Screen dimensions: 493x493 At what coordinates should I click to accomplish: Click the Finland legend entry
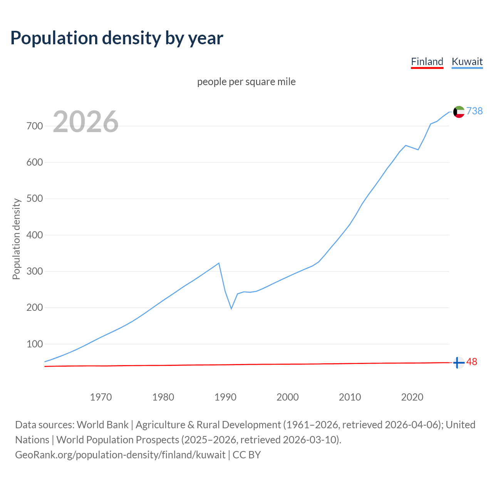coord(427,62)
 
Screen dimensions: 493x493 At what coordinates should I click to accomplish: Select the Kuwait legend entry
coord(467,62)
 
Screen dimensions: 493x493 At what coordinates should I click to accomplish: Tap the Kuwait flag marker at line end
coord(458,112)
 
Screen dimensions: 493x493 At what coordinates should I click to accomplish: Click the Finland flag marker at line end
coord(458,362)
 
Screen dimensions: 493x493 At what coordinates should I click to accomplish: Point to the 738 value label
coord(475,111)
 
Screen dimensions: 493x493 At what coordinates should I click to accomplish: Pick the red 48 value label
coord(472,362)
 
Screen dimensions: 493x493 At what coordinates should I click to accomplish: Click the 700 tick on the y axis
coord(35,126)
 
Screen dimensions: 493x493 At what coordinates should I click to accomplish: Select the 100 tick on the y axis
coord(35,344)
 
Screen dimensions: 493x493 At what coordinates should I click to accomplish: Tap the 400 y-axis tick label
coord(35,235)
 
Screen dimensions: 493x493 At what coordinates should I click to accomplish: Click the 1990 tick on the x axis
coord(225,397)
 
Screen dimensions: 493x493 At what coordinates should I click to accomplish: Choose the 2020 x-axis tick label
coord(412,397)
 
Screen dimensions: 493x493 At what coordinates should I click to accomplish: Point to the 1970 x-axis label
coord(101,397)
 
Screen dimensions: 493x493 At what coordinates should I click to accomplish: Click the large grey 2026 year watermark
coord(86,122)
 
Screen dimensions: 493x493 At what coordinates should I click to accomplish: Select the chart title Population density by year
coord(117,38)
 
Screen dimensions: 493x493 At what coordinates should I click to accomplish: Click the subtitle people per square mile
coord(246,82)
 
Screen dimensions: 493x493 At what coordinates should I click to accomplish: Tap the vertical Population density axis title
coord(16,239)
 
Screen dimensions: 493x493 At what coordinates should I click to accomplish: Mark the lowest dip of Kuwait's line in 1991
coord(231,308)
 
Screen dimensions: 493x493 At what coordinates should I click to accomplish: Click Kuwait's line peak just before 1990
coord(219,263)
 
